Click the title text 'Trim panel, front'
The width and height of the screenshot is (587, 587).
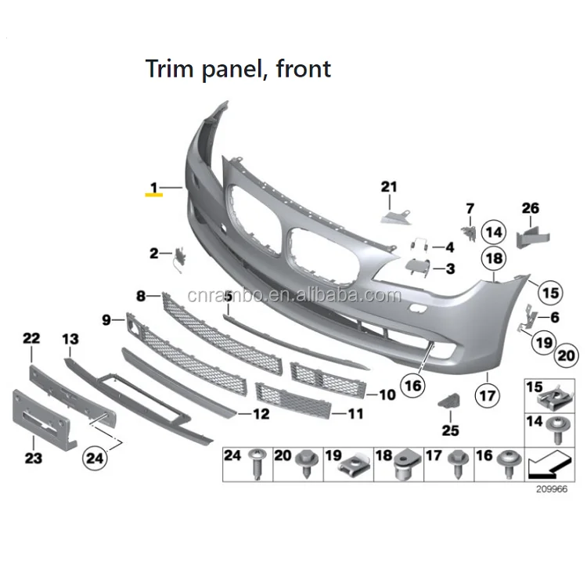click(238, 69)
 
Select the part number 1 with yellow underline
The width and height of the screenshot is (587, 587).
click(154, 188)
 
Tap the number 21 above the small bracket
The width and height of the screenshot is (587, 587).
click(389, 186)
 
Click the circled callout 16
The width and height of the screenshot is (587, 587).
click(412, 384)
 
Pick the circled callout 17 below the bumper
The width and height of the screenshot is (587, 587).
click(487, 396)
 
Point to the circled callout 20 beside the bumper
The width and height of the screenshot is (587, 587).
click(565, 356)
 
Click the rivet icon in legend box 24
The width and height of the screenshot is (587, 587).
click(256, 465)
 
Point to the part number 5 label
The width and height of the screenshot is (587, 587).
click(229, 297)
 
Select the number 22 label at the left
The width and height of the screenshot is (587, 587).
click(31, 338)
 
